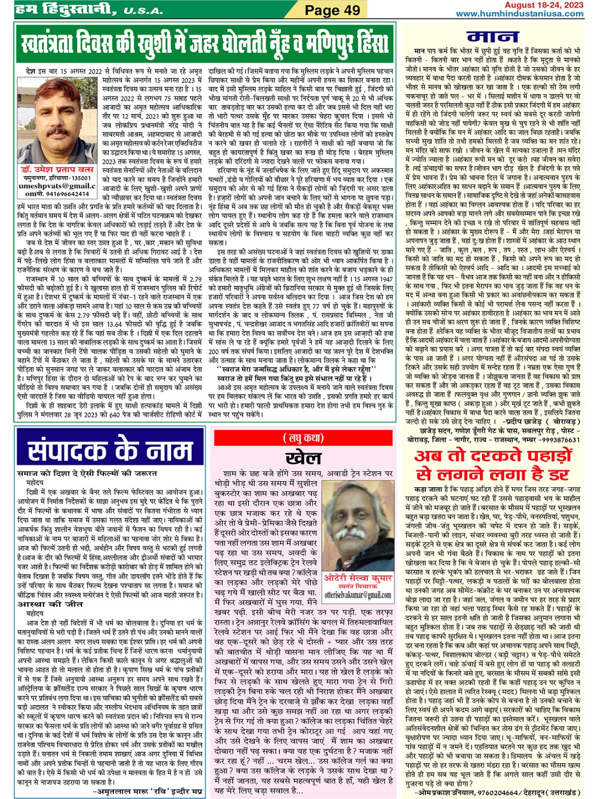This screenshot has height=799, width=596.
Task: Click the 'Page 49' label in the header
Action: [332, 10]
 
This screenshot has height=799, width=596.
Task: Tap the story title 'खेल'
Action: [303, 456]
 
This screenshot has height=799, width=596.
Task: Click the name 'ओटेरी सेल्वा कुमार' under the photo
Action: [357, 577]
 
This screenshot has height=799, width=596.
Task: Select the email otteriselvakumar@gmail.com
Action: [358, 595]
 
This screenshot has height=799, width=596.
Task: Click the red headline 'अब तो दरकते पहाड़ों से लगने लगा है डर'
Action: [493, 464]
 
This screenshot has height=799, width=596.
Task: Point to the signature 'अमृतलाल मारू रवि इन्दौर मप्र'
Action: [147, 790]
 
